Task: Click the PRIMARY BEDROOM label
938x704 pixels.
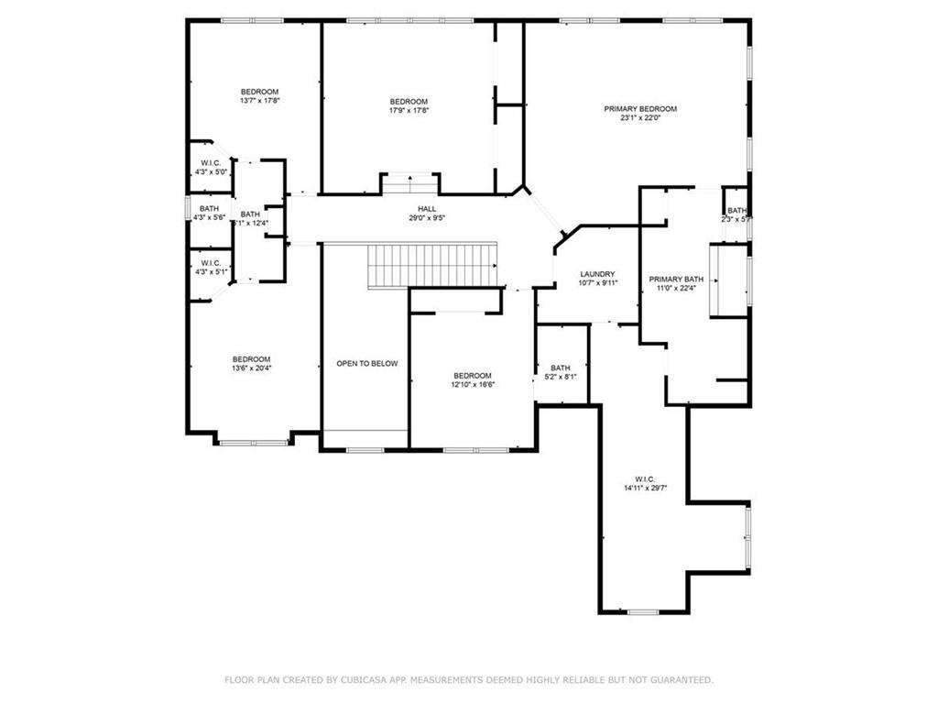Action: click(x=640, y=109)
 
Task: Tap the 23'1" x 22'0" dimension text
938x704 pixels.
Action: click(x=640, y=118)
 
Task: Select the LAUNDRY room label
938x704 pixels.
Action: click(x=597, y=274)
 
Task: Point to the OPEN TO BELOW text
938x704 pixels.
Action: click(x=366, y=364)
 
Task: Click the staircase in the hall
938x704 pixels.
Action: click(x=431, y=265)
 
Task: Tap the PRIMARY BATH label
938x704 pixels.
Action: click(x=676, y=279)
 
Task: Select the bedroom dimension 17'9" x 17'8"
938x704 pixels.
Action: click(x=409, y=111)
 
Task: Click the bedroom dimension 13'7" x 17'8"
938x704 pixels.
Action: click(x=259, y=101)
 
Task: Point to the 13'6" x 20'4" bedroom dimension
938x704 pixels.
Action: click(x=251, y=368)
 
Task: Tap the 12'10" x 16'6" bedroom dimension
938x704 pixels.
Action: click(x=473, y=385)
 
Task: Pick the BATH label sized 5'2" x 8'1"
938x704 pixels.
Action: click(x=560, y=368)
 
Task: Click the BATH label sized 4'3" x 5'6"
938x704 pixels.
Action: click(x=209, y=208)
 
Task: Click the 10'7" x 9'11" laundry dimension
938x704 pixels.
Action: click(x=598, y=283)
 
